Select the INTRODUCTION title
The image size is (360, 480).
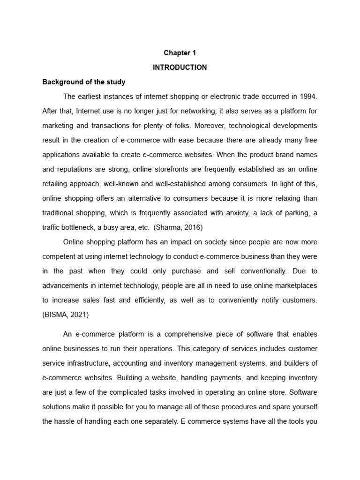[180, 67]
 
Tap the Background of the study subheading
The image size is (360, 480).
[84, 82]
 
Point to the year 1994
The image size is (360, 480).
[308, 97]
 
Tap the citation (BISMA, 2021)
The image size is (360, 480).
[65, 315]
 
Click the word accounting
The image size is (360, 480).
[163, 363]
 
